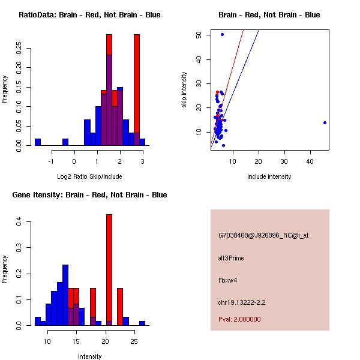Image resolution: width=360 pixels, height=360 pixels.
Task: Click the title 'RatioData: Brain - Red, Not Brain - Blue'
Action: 89,15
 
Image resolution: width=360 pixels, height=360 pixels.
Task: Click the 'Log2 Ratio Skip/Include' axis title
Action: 89,176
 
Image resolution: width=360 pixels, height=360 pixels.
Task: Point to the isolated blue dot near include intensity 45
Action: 325,122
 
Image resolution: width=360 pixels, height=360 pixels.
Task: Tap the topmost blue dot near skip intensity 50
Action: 222,34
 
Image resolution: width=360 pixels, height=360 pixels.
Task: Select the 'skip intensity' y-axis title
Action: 185,90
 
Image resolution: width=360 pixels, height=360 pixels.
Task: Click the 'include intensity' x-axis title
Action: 269,176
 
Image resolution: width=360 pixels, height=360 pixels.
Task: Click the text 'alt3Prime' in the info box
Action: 231,258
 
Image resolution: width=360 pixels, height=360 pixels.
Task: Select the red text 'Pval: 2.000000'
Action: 240,319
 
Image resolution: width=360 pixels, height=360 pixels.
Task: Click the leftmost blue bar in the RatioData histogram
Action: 38,142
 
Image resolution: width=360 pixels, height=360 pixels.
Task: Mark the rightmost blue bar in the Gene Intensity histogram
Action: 142,323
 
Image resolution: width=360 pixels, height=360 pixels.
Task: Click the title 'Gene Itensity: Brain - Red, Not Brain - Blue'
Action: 89,195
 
